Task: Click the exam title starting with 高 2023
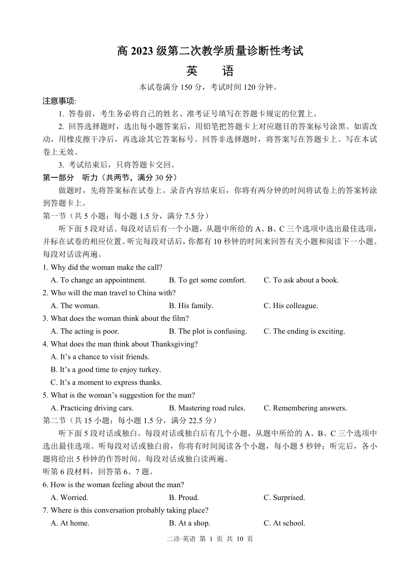point(210,51)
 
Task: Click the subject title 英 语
point(210,71)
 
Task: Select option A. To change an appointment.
point(98,280)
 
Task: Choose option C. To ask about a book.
point(301,280)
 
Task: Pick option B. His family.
point(191,306)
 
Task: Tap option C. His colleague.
point(290,306)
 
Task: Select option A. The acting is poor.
point(85,332)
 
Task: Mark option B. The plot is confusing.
point(208,332)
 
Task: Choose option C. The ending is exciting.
point(304,332)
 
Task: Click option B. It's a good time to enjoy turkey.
point(106,370)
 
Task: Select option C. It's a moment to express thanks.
point(106,383)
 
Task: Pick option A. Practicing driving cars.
point(92,408)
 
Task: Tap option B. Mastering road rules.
point(207,408)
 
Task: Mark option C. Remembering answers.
point(305,408)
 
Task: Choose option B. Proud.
point(184,498)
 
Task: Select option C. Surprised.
point(284,498)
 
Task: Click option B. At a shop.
point(190,523)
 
